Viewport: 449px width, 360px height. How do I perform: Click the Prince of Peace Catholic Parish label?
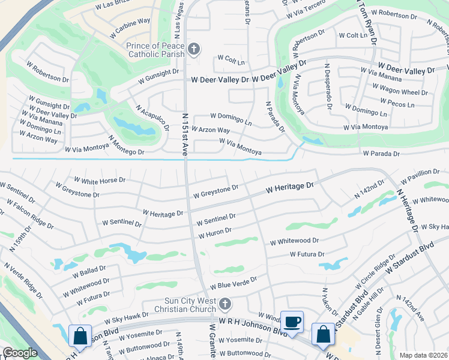pyautogui.click(x=155, y=50)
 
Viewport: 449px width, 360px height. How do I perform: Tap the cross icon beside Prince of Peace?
pyautogui.click(x=193, y=49)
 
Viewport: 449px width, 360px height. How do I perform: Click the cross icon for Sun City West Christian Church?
pyautogui.click(x=225, y=304)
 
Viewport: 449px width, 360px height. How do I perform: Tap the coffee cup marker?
pyautogui.click(x=292, y=323)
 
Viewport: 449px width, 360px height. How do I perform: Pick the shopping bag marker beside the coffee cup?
pyautogui.click(x=324, y=334)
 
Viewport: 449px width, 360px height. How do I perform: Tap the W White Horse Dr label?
pyautogui.click(x=100, y=179)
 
